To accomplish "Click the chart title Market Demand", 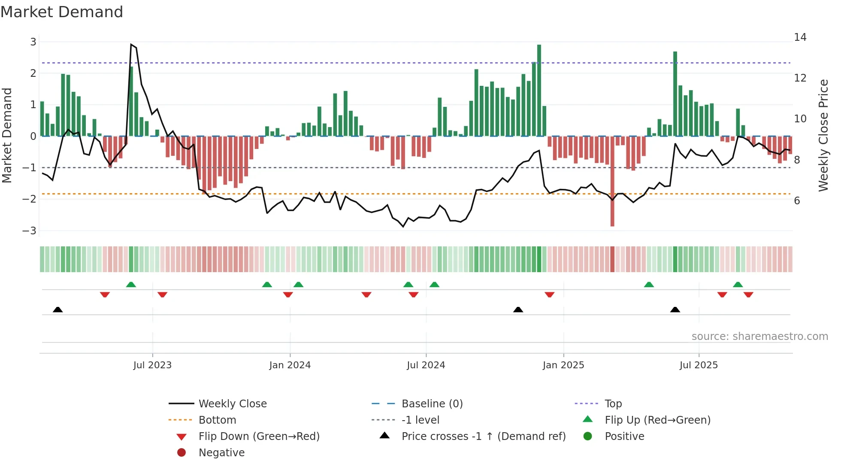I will [62, 12].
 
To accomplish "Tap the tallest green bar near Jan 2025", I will [539, 90].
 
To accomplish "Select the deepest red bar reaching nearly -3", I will [612, 180].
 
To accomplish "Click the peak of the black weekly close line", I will [131, 44].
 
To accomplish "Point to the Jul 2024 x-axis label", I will [426, 365].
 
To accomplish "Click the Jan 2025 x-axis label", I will [563, 365].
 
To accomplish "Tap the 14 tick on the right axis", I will [800, 37].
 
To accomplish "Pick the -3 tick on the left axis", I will [29, 231].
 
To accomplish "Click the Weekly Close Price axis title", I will [823, 135].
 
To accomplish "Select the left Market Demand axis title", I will [7, 135].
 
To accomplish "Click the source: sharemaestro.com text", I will [759, 337].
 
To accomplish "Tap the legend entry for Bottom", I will [217, 420].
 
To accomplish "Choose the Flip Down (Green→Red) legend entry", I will [259, 437].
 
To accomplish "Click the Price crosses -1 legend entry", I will [483, 437].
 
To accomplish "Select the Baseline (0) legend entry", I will [432, 404].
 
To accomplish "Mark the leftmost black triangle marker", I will [58, 309].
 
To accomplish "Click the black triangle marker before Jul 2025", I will [675, 309].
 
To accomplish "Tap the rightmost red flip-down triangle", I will [748, 294].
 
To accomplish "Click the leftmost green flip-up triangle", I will [131, 285].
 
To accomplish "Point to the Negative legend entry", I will [221, 453].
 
